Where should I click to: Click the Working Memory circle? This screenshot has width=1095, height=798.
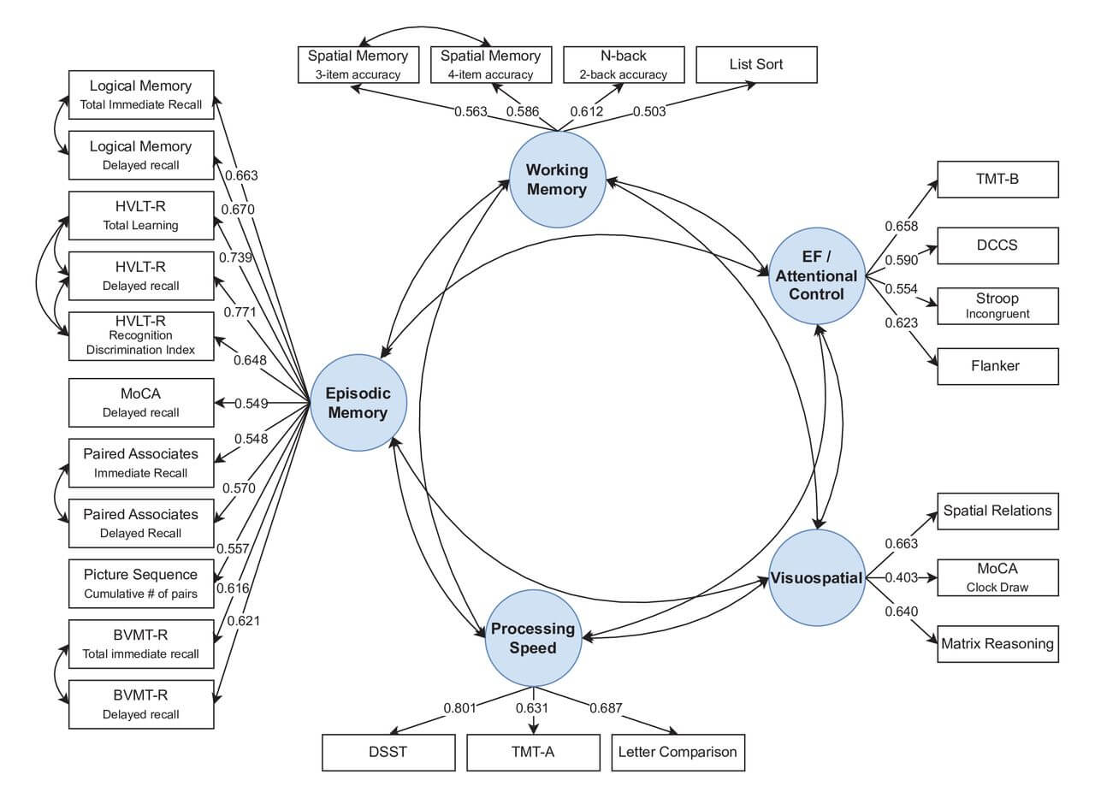coord(557,180)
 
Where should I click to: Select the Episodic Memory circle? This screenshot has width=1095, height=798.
coord(358,403)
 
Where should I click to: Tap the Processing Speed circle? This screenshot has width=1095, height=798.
coord(533,638)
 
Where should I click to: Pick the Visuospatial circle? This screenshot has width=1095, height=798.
coord(817,577)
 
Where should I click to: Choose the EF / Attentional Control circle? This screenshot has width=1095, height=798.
coord(817,275)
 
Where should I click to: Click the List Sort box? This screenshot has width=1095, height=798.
coord(756,64)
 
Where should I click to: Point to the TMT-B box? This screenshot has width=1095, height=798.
coord(997,180)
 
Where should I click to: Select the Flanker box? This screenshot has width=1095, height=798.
coord(997,367)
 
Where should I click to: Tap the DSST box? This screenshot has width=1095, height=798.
coord(388,753)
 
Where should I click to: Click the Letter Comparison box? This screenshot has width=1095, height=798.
coord(678,753)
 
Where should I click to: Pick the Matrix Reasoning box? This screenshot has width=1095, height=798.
coord(997,644)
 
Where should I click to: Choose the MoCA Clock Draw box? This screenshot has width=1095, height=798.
coord(997,577)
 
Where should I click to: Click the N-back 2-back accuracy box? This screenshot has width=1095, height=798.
coord(624,64)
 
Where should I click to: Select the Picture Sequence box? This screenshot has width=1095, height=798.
coord(141,584)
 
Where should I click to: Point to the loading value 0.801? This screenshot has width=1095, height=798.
coord(459,708)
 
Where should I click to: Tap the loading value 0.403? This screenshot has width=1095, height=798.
coord(902,577)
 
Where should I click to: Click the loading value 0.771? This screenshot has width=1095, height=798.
coord(240,312)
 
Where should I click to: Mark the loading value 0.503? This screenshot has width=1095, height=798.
coord(649,112)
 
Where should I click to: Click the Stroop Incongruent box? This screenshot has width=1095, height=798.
coord(997,306)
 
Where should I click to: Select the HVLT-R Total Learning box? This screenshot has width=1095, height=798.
coord(141,216)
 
